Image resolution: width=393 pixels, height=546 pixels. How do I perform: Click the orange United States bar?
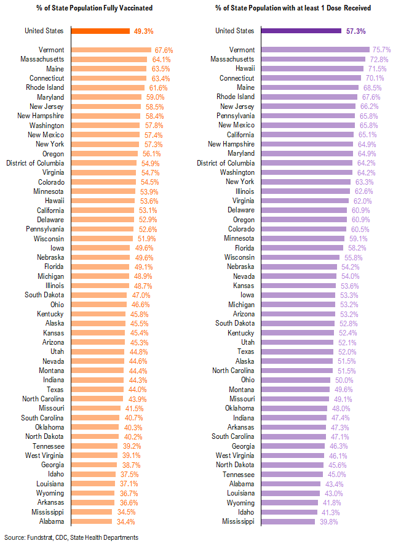100,31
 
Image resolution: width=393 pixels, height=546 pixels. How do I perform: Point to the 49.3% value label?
143,31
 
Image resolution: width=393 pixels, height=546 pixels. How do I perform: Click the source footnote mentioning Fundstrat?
71,537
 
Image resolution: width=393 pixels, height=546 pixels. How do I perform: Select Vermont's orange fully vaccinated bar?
111,50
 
